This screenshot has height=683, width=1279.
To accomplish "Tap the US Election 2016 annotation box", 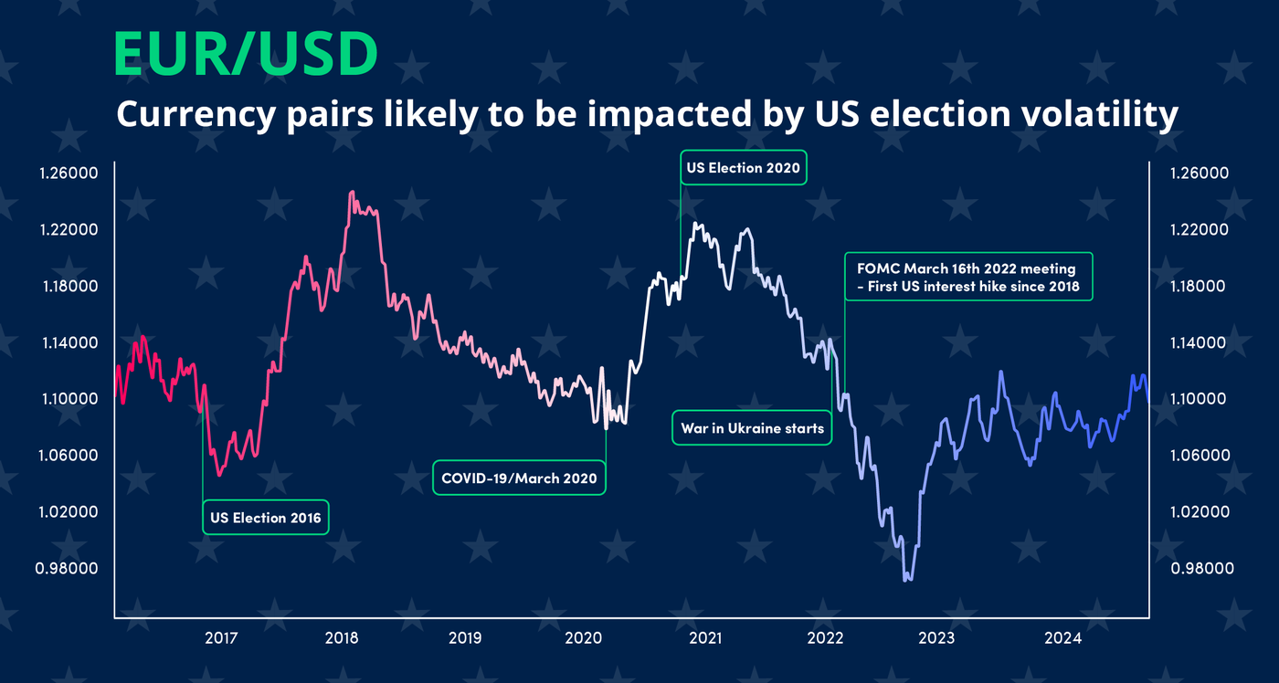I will [x=266, y=518].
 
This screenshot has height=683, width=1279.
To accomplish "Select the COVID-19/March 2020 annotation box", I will [x=519, y=478].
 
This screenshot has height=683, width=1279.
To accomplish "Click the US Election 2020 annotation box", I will [x=744, y=168].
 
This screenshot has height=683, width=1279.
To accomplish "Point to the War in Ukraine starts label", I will [x=752, y=428].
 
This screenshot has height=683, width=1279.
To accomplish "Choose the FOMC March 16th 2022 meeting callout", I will [x=967, y=278].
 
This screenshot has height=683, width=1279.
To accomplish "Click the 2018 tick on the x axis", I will [x=341, y=638].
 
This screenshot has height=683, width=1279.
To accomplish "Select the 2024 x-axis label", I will [x=1063, y=638].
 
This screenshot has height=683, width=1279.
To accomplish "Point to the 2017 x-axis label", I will [x=221, y=638].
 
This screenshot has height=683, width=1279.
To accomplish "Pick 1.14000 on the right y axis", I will [x=1196, y=343].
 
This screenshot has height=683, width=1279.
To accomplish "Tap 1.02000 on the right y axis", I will [x=1196, y=512].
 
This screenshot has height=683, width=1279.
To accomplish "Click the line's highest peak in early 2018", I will [x=353, y=193].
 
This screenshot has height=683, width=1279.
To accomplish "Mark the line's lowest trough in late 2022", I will [x=906, y=580].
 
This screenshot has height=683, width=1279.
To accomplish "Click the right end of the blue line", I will [x=1148, y=393].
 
